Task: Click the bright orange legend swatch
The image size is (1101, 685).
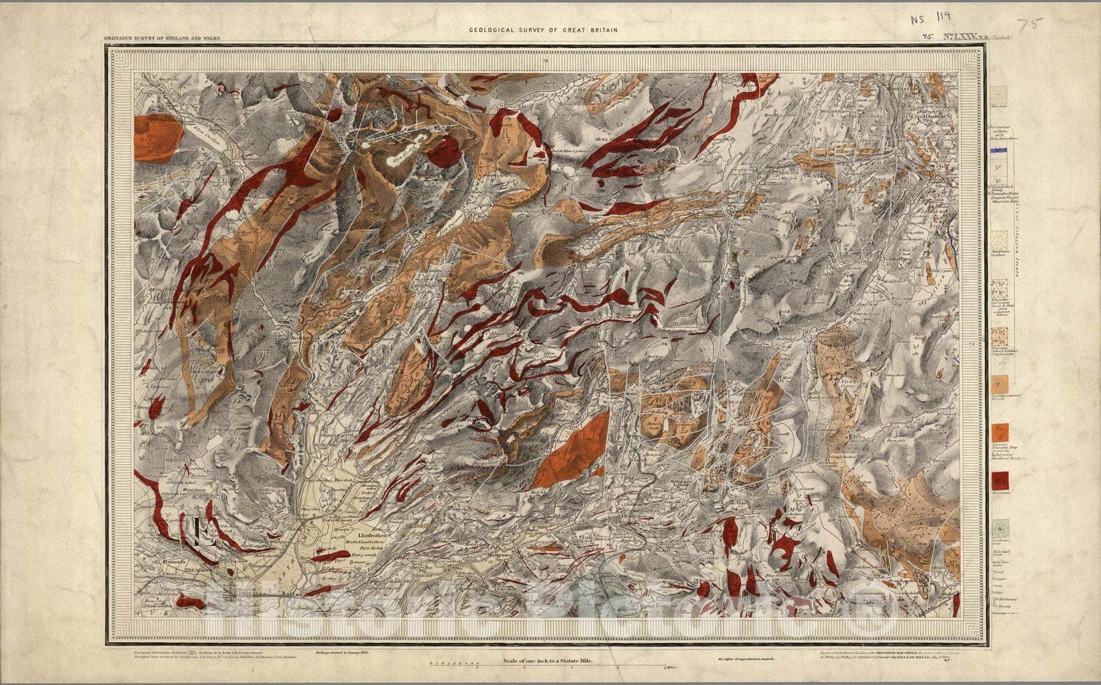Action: [1000, 432]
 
